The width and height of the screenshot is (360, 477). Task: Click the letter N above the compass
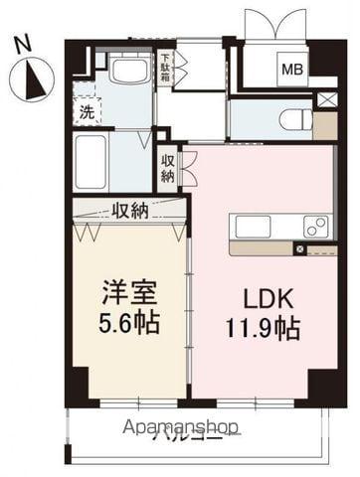[x=26, y=43]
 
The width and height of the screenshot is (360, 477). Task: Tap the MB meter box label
[x=291, y=70]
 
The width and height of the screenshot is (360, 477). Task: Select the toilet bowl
[x=295, y=120]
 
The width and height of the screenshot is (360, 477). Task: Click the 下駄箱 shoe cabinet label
[x=166, y=66]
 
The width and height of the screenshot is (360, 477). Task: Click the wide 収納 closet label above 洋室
[x=129, y=210]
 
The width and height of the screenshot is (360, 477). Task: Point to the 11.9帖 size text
[x=262, y=326]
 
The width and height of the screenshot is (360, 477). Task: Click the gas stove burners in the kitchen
[x=315, y=228]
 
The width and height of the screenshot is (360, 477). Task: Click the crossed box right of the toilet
[x=325, y=100]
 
